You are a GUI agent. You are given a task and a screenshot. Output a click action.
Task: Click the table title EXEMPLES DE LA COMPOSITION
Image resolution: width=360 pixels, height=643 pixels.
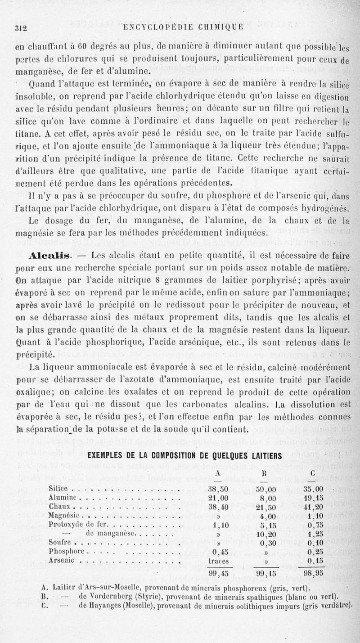coord(182,455)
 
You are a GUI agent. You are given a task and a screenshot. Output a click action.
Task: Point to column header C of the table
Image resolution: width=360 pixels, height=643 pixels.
coord(312,473)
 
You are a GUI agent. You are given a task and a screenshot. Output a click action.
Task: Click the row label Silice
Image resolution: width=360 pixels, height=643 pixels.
coord(58,489)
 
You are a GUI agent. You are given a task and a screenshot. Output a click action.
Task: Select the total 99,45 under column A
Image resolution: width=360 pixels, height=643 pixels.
coord(219,573)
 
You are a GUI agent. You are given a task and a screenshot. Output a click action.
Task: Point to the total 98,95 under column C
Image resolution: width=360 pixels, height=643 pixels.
coord(314,573)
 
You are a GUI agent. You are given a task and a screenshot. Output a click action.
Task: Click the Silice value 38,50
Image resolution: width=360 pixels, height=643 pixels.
coord(219,489)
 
